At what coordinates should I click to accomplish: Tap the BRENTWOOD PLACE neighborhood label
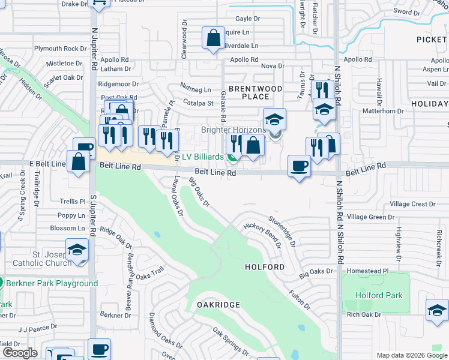[x=255, y=92]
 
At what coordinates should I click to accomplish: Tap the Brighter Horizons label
[x=233, y=130]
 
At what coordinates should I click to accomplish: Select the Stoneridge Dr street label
[x=282, y=232]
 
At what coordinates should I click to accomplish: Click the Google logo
[x=19, y=353]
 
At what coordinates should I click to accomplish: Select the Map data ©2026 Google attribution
[x=411, y=355]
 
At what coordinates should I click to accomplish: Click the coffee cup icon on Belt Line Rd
[x=299, y=166]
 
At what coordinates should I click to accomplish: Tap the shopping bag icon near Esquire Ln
[x=213, y=38]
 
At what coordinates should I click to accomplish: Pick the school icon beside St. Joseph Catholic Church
[x=77, y=250]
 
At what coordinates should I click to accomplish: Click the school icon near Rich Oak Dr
[x=437, y=310]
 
